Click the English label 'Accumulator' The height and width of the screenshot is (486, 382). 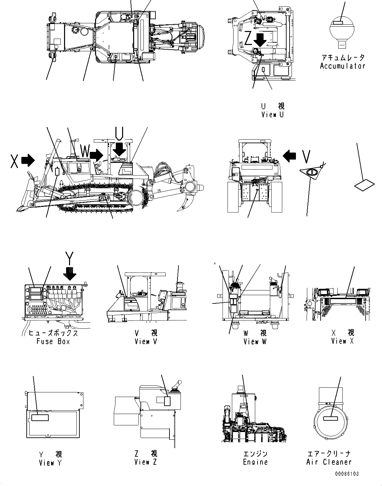click(342, 66)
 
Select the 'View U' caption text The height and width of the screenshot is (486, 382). click(273, 115)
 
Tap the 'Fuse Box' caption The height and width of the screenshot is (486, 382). click(53, 341)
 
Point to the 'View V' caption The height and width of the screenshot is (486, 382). click(146, 341)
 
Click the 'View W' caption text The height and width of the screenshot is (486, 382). click(255, 341)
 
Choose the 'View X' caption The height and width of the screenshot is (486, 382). click(342, 341)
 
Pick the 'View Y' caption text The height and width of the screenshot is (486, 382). click(50, 463)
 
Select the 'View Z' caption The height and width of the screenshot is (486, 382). click(145, 462)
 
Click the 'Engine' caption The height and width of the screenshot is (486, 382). click(255, 462)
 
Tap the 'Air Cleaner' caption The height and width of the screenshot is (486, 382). click(329, 462)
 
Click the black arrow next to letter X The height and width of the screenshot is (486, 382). click(28, 160)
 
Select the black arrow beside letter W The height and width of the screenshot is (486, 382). click(97, 155)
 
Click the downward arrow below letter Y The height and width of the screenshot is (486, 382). click(70, 274)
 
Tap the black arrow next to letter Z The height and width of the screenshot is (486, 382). click(260, 39)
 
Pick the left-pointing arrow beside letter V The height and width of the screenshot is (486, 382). click(289, 155)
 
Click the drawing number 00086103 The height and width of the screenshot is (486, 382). click(347, 474)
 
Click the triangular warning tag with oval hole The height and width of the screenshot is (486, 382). click(312, 173)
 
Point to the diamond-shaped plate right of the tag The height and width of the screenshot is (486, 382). click(365, 185)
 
